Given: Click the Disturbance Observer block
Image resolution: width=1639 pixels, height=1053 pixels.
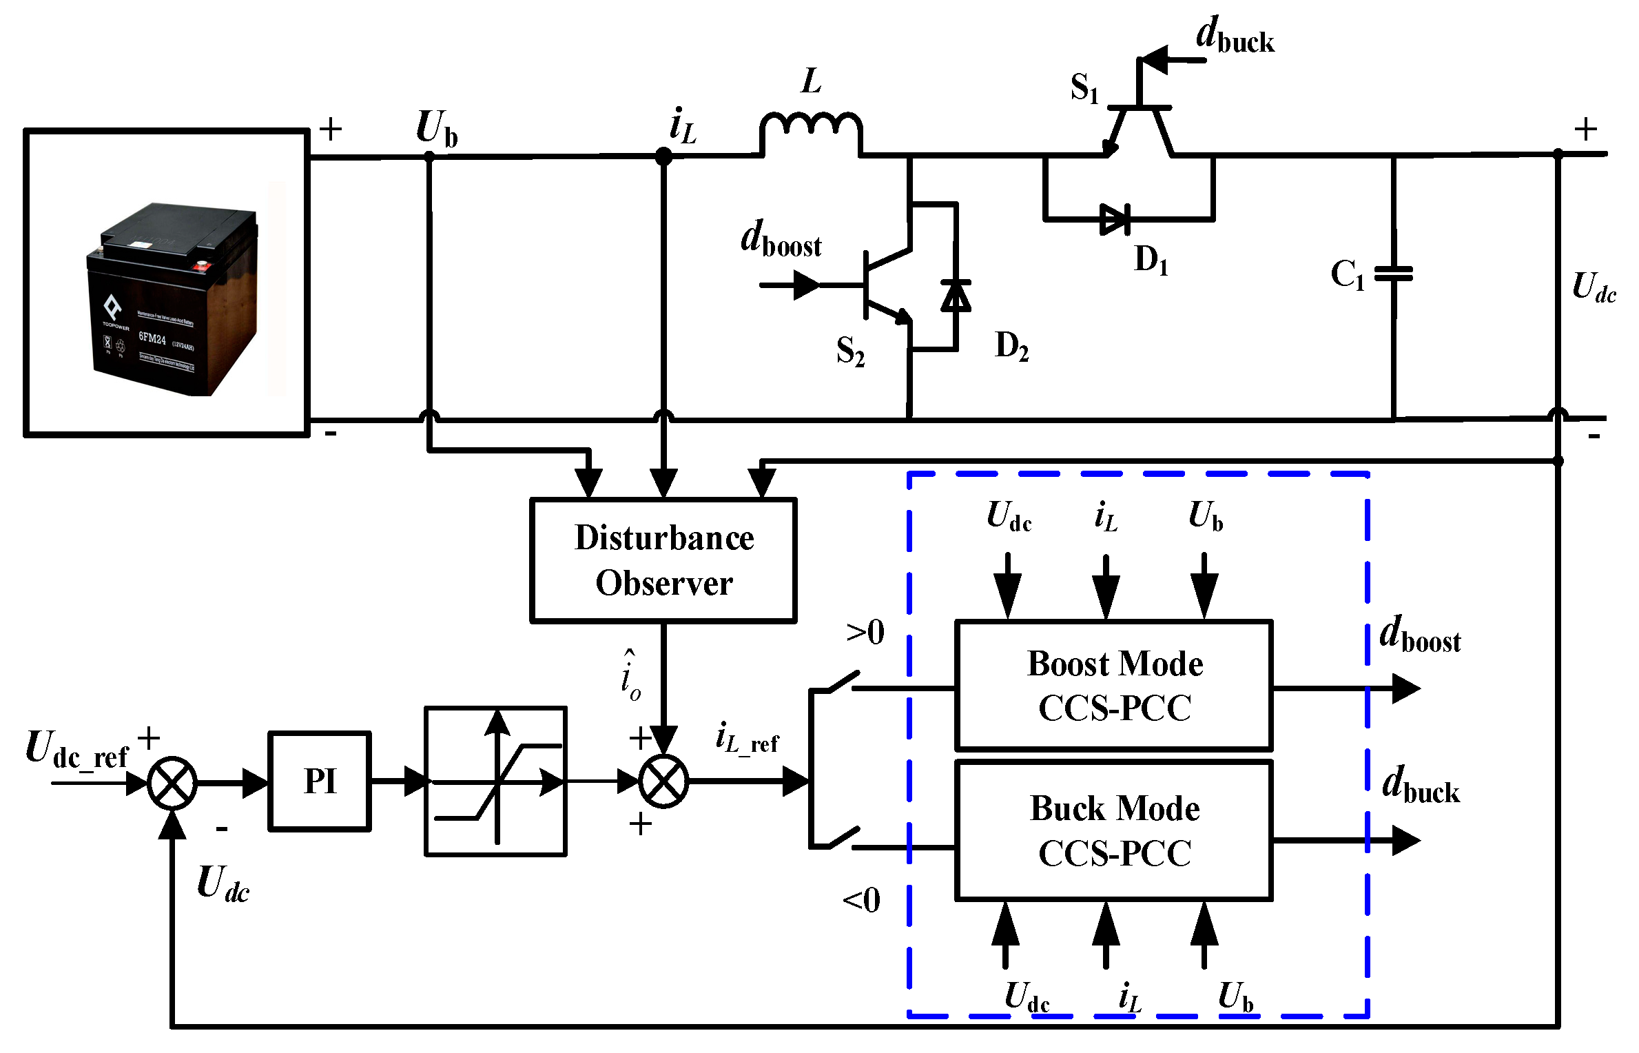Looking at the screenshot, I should click(x=663, y=560).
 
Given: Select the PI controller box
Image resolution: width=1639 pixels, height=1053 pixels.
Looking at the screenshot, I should click(x=320, y=781).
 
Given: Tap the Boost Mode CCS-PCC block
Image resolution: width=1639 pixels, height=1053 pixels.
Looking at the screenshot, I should click(x=1113, y=685).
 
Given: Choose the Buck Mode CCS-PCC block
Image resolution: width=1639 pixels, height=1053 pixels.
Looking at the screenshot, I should click(x=1113, y=830).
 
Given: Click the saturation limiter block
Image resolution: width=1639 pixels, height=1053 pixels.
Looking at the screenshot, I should click(x=495, y=781).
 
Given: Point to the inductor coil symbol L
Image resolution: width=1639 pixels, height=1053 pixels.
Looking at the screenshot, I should click(x=811, y=127).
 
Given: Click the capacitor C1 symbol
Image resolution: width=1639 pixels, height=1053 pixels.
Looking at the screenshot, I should click(x=1393, y=274).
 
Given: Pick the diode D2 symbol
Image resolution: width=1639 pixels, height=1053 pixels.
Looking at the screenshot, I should click(x=956, y=296).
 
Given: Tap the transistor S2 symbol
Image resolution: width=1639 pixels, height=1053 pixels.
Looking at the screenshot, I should click(x=885, y=285).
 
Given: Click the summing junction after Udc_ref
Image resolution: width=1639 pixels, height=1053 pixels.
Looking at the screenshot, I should click(x=172, y=783).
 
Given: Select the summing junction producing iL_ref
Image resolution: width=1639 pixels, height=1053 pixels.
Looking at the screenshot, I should click(x=663, y=781).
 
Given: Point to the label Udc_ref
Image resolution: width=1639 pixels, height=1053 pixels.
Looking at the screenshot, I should click(x=77, y=750).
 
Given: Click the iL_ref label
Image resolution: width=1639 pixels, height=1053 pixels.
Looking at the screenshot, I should click(x=747, y=738).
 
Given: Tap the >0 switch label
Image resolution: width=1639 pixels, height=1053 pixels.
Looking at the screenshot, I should click(x=865, y=632).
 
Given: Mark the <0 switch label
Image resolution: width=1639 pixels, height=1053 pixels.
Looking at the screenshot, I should click(x=861, y=900).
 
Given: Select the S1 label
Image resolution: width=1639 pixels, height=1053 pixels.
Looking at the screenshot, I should click(x=1084, y=88).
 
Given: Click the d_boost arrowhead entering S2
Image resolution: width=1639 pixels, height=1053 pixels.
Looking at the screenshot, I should click(x=806, y=285).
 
